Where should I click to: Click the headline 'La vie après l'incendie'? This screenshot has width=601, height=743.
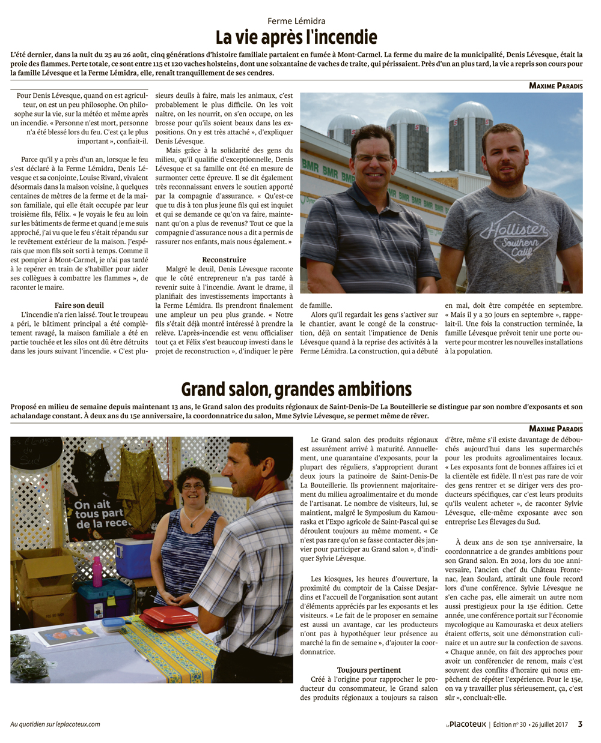296,38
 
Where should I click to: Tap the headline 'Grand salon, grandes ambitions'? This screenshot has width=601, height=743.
296,390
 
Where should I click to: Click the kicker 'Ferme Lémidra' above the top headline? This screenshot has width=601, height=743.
296,21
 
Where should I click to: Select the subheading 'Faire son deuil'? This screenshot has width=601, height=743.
79,305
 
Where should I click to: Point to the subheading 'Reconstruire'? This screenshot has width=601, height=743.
224,259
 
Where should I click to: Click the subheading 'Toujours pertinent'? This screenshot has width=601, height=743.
369,670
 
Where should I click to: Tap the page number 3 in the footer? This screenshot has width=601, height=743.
580,724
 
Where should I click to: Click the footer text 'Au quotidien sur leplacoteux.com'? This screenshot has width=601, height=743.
55,724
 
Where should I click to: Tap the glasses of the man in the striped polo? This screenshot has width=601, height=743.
373,158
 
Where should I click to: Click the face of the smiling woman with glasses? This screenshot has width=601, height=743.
192,489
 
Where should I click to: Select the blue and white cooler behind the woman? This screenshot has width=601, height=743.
133,558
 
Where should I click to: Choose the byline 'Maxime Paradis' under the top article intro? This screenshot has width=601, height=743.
555,86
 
